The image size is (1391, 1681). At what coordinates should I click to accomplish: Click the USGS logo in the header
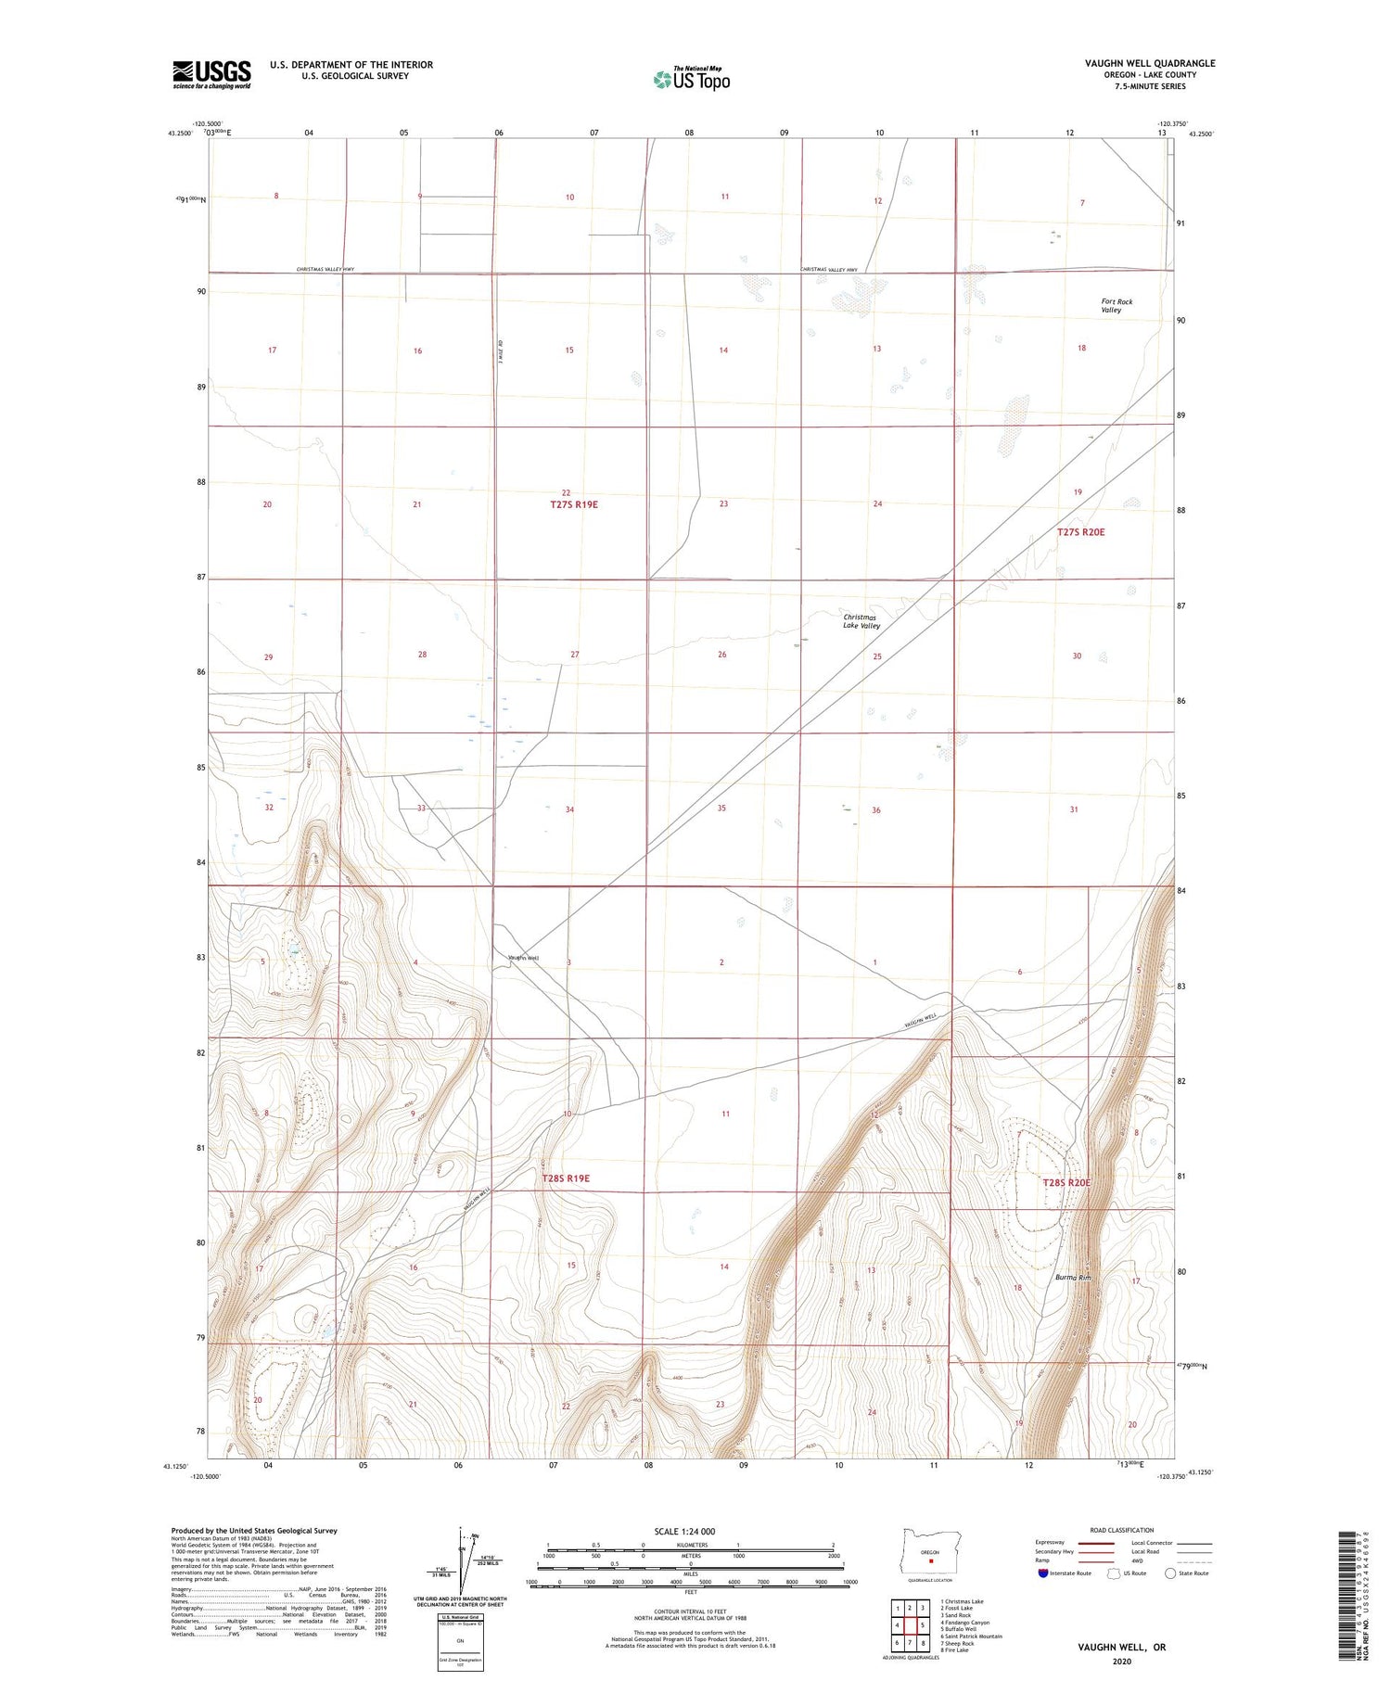211,74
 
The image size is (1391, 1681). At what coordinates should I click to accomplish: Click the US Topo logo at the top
692,80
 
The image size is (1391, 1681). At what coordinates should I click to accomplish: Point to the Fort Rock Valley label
1116,306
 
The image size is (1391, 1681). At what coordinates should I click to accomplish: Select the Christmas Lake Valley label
861,621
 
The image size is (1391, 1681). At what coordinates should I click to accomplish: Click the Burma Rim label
1073,1278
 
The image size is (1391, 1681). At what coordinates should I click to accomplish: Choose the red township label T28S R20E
1066,1183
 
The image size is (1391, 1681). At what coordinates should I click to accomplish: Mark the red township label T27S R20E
1080,532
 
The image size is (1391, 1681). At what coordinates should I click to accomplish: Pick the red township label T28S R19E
566,1178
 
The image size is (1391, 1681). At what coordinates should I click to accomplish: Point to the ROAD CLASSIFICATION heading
1122,1530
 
